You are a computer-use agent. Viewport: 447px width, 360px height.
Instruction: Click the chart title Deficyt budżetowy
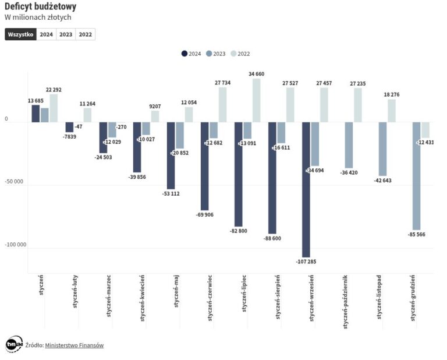40,6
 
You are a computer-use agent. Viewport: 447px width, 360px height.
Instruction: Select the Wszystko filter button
20,34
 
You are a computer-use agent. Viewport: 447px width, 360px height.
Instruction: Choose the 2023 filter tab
66,34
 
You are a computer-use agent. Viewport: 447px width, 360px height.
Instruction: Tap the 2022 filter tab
85,34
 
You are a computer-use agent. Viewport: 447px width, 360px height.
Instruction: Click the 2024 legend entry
191,54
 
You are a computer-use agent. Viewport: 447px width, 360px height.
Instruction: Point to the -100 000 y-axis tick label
15,245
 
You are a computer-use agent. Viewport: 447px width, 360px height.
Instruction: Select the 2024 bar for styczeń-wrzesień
306,189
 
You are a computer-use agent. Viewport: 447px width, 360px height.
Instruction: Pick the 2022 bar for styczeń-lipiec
256,100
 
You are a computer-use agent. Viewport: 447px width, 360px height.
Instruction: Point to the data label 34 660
256,74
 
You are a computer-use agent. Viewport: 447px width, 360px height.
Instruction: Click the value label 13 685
36,101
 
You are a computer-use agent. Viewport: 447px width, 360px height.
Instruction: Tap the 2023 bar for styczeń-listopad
382,149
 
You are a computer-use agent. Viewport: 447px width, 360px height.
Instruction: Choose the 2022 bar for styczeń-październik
357,105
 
